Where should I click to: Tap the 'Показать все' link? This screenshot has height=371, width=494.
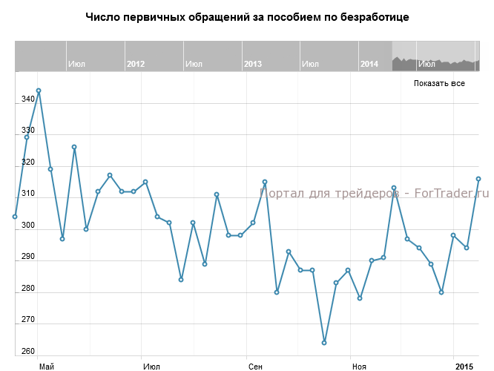point(439,83)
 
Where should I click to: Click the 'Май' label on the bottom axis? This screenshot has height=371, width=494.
point(46,367)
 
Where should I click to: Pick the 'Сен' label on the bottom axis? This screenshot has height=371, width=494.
point(255,367)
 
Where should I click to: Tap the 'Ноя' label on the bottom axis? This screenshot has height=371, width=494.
point(359,367)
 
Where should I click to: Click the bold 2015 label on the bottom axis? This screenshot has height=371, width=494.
point(464,367)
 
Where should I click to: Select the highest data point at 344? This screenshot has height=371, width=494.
point(39,91)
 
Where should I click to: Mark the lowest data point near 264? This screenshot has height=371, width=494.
point(324,343)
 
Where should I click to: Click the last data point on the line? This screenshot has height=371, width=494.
point(478,179)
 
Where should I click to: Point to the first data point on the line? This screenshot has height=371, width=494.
point(15,217)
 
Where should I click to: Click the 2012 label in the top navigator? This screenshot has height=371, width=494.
point(136,65)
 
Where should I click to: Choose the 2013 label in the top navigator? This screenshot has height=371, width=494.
point(253,65)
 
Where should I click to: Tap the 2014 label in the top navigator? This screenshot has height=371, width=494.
point(369,65)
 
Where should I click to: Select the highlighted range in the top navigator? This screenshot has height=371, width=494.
point(435,56)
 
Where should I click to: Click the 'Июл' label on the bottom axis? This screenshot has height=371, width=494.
point(151,367)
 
